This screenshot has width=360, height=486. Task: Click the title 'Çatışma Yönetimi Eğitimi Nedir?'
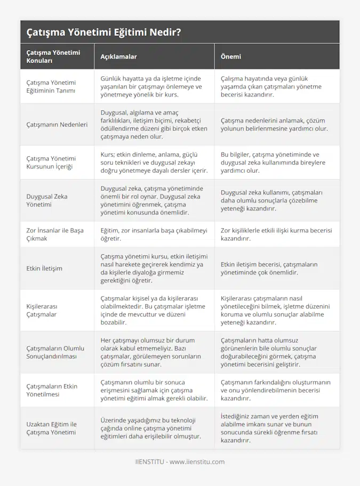point(103,33)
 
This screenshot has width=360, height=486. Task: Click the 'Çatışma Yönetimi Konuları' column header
point(53,56)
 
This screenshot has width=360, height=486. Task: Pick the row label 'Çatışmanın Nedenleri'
point(57,125)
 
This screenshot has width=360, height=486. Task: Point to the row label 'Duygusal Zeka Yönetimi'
point(47,200)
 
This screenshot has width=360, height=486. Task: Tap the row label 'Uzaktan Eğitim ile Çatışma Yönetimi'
point(51,428)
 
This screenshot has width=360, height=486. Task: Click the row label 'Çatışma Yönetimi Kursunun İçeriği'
point(51,163)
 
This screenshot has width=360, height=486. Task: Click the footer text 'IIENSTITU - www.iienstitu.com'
point(180,462)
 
